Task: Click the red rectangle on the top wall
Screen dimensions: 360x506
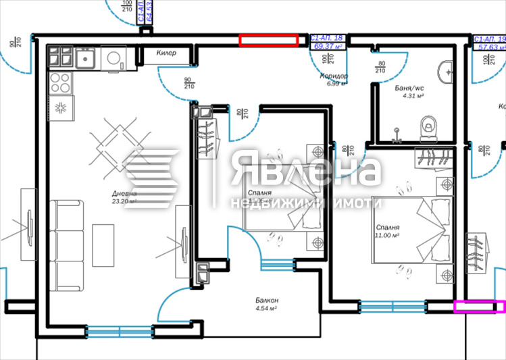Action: (269, 41)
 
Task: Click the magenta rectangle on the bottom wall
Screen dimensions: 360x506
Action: (480, 307)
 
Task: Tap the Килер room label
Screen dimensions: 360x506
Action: (166, 53)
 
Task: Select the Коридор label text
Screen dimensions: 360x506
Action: (334, 76)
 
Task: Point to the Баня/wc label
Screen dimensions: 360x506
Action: (409, 88)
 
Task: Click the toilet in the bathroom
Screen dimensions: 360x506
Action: (427, 125)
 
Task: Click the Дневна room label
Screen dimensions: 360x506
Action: (124, 193)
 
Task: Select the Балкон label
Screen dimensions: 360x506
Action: (268, 300)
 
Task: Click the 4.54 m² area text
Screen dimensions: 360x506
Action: (268, 308)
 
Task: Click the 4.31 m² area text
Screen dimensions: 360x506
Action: (412, 96)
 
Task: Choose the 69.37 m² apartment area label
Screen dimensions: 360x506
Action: (328, 46)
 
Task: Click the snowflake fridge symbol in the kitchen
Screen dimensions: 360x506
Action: (61, 107)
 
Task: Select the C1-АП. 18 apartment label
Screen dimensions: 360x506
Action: (328, 38)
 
